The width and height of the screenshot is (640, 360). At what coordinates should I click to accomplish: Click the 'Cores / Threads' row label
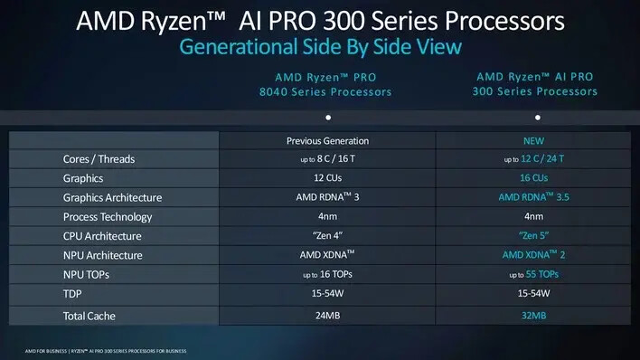(x=99, y=159)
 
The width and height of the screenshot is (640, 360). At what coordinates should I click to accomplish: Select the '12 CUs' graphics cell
(x=328, y=178)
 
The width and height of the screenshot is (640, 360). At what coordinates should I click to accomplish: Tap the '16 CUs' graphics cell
(x=534, y=178)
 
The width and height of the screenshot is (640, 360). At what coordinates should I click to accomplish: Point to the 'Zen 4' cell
(x=328, y=236)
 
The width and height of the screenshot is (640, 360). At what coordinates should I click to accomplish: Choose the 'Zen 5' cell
(x=534, y=236)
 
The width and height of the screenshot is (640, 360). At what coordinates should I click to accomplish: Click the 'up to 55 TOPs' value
(x=534, y=274)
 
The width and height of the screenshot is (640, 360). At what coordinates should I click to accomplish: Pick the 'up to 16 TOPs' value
(x=328, y=274)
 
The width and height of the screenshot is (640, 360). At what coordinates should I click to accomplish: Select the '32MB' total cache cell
(x=534, y=316)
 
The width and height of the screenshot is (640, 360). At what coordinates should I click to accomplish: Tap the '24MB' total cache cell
(x=328, y=316)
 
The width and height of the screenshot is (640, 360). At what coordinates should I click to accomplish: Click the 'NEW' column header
(x=534, y=141)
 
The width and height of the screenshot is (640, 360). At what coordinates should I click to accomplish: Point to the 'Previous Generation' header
(x=328, y=141)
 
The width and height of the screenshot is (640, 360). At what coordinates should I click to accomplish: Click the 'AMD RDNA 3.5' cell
(x=534, y=197)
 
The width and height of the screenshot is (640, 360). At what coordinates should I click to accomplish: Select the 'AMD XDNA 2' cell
(x=534, y=255)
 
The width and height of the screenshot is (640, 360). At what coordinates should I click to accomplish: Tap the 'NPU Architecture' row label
(x=103, y=255)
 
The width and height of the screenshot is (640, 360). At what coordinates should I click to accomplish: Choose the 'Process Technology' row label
(x=108, y=217)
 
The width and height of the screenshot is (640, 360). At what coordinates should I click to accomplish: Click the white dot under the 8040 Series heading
(x=328, y=118)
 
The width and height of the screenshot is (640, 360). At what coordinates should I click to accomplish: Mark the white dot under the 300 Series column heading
(x=538, y=118)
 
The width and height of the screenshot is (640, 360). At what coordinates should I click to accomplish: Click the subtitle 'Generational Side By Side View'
(x=320, y=47)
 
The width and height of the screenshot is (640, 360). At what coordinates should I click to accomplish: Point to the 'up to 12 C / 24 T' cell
(x=534, y=158)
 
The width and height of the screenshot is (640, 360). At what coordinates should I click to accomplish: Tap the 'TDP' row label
(x=72, y=294)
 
